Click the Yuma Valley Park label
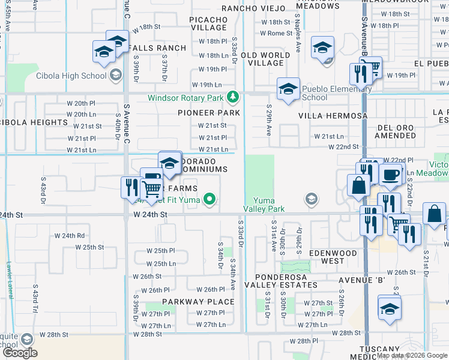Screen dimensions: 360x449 [264, 204]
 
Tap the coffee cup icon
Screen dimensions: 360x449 [391, 174]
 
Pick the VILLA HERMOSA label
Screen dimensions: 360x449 [333, 116]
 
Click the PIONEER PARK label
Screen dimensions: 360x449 [209, 113]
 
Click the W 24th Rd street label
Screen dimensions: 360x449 [70, 236]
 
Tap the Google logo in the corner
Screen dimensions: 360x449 [20, 353]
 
